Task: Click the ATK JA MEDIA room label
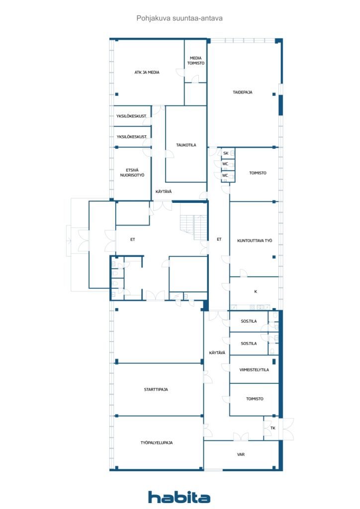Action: click(x=147, y=73)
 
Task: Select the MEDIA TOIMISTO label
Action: click(x=196, y=61)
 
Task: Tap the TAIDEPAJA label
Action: click(x=243, y=92)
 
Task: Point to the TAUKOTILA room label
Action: click(x=186, y=145)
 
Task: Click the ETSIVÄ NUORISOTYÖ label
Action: click(x=132, y=172)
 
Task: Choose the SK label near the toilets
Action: click(x=226, y=153)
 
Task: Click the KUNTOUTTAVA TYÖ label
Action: click(x=255, y=241)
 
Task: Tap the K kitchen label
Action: click(x=256, y=291)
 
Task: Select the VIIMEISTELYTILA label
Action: click(x=254, y=370)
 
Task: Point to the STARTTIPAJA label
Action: click(x=156, y=390)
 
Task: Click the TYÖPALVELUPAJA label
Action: click(x=157, y=443)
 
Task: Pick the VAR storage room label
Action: click(x=241, y=454)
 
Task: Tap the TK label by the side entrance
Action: click(x=272, y=428)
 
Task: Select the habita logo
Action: click(x=179, y=497)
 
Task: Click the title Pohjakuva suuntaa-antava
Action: click(x=180, y=18)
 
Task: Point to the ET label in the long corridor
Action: click(x=219, y=239)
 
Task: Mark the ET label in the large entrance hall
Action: click(x=132, y=240)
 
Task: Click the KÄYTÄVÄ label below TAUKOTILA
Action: click(x=164, y=191)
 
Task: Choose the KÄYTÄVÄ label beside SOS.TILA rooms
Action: click(x=217, y=352)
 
